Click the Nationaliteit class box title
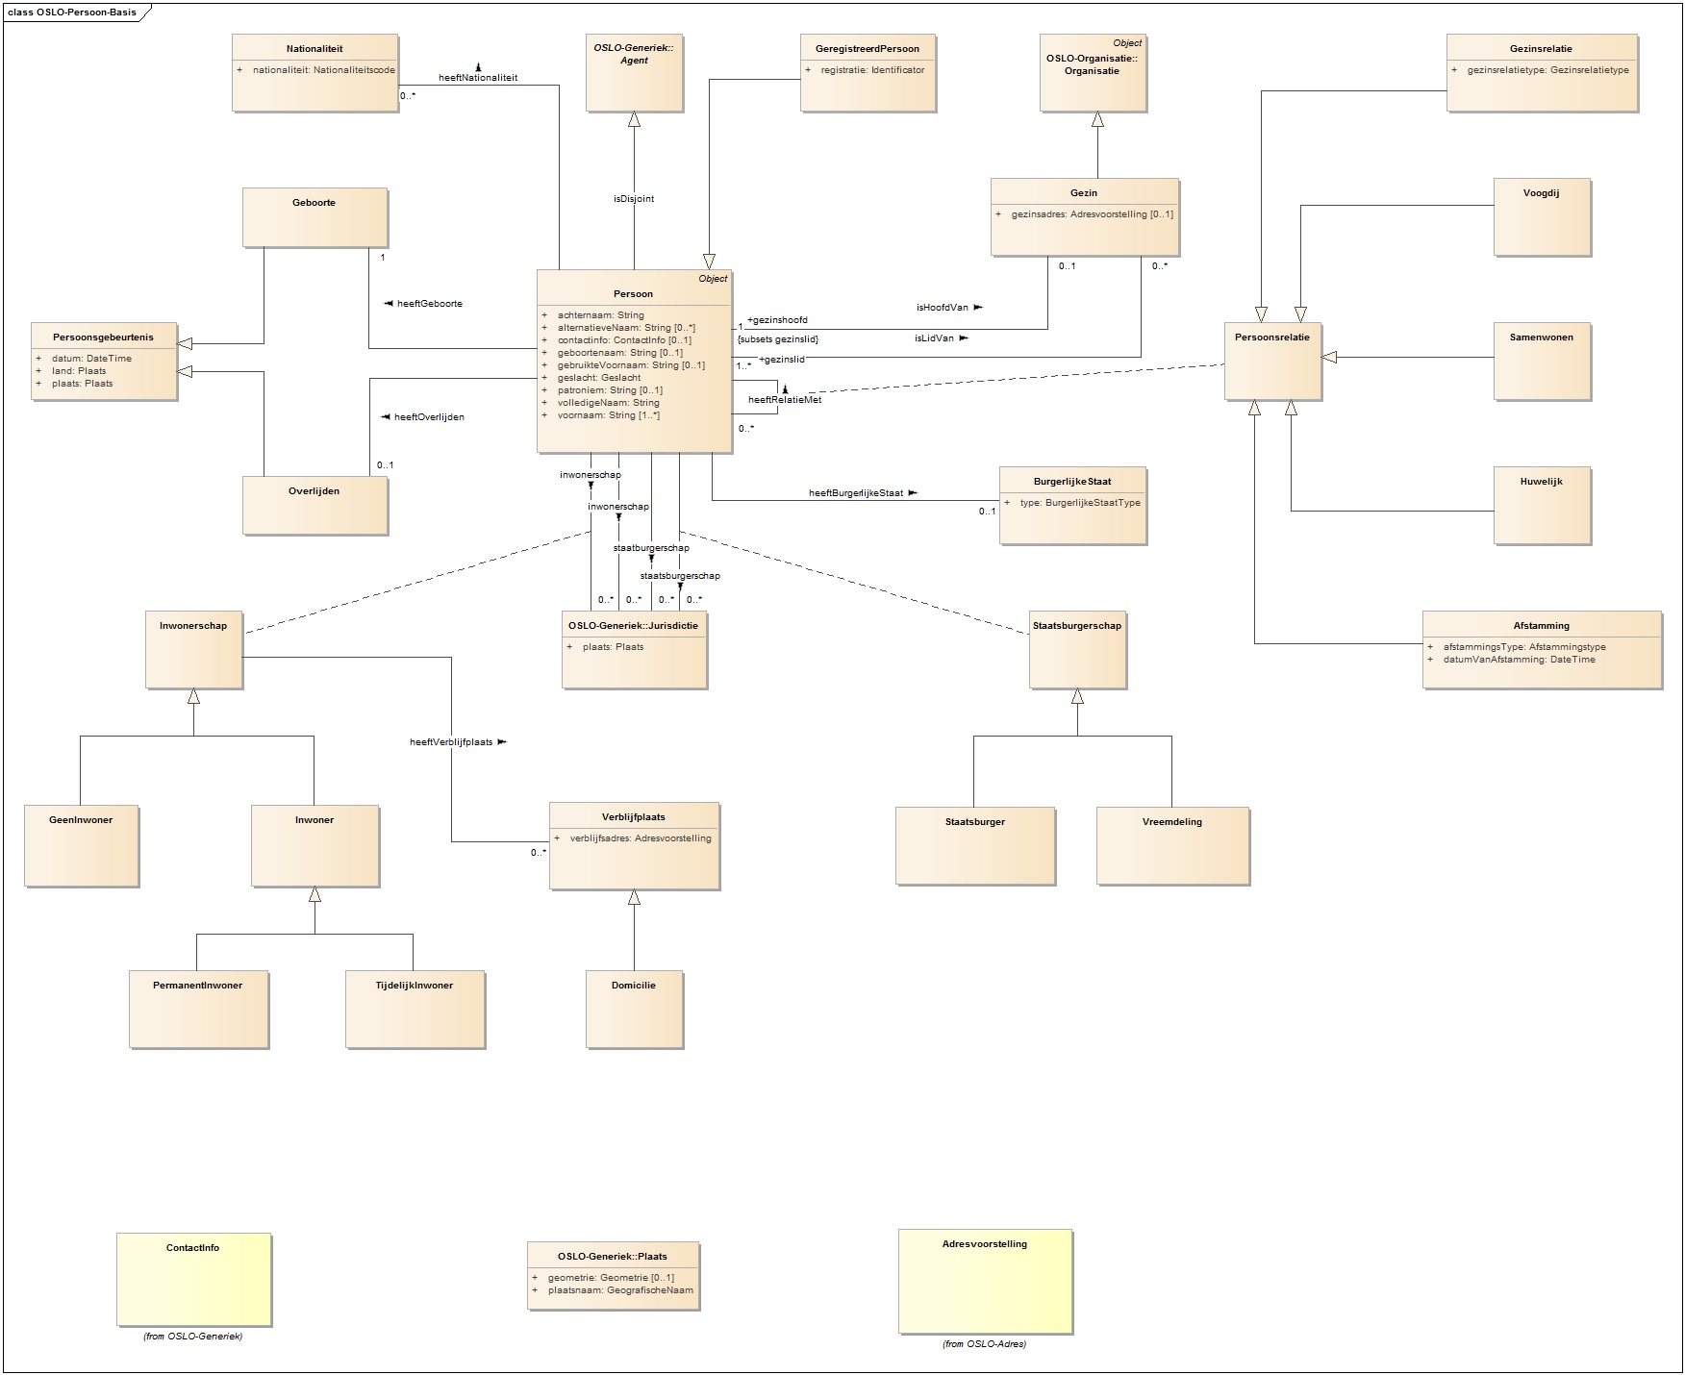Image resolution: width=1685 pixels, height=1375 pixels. pyautogui.click(x=314, y=49)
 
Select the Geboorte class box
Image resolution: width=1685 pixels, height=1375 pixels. pyautogui.click(x=314, y=217)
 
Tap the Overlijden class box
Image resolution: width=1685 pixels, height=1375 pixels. pyautogui.click(x=314, y=505)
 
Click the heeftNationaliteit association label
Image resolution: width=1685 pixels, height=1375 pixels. pyautogui.click(x=478, y=78)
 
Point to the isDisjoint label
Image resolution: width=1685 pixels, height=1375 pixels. pyautogui.click(x=634, y=199)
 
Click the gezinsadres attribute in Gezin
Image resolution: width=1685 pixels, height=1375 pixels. pyautogui.click(x=1092, y=214)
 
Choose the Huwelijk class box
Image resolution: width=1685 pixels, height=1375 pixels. pyautogui.click(x=1542, y=505)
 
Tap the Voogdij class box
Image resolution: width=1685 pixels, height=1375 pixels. pyautogui.click(x=1542, y=216)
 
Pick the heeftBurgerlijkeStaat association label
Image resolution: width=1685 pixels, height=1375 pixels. pyautogui.click(x=856, y=493)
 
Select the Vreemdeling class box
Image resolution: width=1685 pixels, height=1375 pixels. pyautogui.click(x=1172, y=844)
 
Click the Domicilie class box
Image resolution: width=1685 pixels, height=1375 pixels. pyautogui.click(x=634, y=1008)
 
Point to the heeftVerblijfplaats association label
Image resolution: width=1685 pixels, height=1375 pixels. pyautogui.click(x=451, y=742)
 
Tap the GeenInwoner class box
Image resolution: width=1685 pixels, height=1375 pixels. pyautogui.click(x=81, y=844)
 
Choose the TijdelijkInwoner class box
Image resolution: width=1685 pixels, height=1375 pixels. pyautogui.click(x=415, y=1008)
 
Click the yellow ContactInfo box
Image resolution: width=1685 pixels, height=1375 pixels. pyautogui.click(x=193, y=1279)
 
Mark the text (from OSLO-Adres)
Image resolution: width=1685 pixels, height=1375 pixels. pyautogui.click(x=984, y=1344)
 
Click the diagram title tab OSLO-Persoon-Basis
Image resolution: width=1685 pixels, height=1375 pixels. pyautogui.click(x=72, y=12)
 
